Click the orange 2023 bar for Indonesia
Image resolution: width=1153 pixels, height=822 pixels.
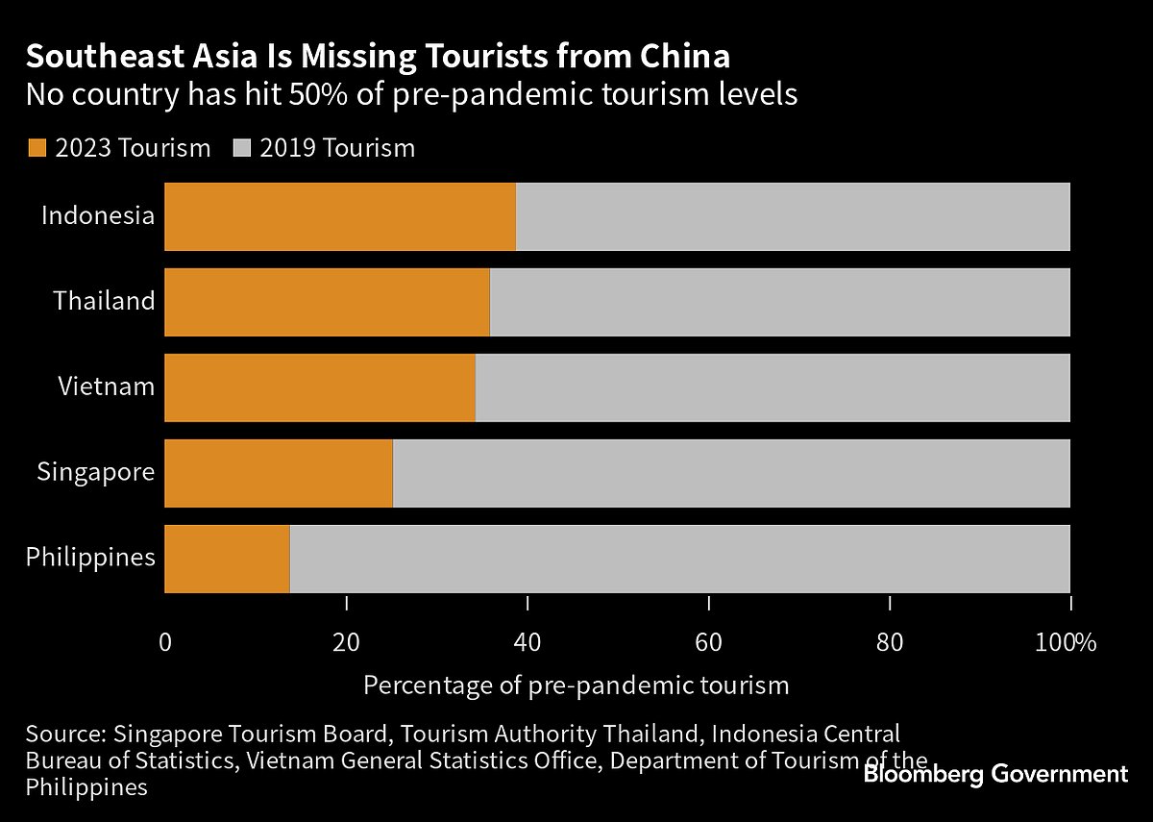point(340,216)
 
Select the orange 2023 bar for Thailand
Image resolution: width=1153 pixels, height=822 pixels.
point(327,302)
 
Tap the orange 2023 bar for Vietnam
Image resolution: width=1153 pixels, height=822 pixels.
point(320,387)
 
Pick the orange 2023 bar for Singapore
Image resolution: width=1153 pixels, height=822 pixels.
point(279,473)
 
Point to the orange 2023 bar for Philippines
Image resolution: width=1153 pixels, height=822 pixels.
point(227,559)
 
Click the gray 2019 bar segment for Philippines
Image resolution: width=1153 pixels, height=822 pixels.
point(679,559)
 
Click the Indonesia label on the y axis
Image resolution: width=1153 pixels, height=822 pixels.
point(98,215)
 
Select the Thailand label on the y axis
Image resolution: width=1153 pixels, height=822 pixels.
point(104,301)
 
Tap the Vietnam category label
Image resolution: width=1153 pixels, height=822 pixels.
point(106,386)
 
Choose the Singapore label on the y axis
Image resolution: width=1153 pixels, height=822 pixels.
point(96,472)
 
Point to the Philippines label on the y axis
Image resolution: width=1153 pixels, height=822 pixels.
point(90,557)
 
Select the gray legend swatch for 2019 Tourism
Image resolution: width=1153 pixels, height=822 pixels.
point(242,148)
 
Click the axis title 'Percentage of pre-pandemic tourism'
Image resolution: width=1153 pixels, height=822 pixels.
point(576,685)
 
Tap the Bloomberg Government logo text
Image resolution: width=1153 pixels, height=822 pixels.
point(995,774)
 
